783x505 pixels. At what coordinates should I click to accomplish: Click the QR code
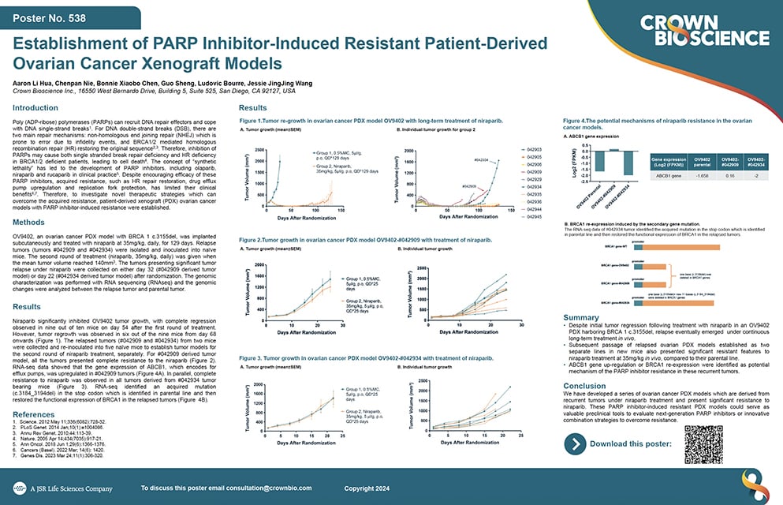point(704,444)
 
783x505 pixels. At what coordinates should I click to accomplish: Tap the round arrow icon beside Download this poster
point(577,444)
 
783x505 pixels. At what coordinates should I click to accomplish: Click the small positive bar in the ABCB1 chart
point(613,149)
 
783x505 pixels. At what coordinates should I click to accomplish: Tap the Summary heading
point(582,318)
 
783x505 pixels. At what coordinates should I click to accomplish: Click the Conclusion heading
point(585,386)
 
